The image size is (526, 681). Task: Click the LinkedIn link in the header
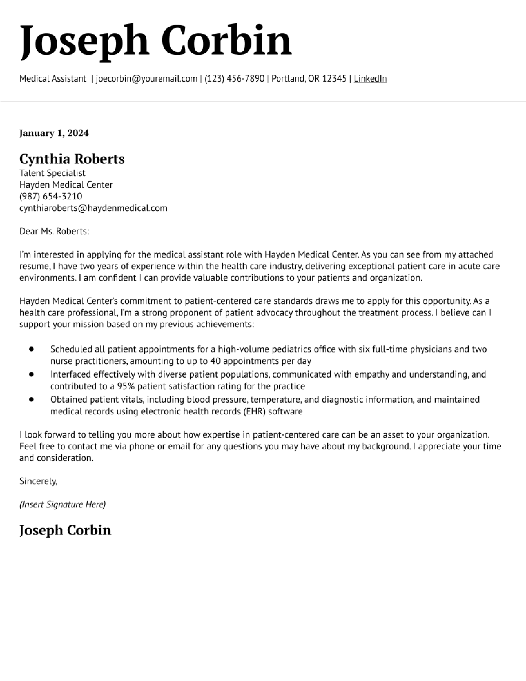pos(370,79)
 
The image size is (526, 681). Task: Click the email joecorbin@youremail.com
pos(146,79)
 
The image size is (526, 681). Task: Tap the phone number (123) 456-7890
pos(234,79)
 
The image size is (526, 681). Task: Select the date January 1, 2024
pos(54,133)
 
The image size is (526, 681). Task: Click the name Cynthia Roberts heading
pos(72,159)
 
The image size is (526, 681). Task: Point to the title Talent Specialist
pos(52,173)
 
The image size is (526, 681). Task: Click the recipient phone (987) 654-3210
pos(51,196)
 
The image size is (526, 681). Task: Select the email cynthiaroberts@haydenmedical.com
pos(93,208)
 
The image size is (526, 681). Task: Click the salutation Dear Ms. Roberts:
pos(54,231)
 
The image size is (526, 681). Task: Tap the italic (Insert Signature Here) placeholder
pos(62,505)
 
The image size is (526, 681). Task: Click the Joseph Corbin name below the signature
pos(65,530)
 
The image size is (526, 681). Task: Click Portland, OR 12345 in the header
pos(309,79)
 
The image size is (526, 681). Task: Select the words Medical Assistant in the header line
pos(53,79)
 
